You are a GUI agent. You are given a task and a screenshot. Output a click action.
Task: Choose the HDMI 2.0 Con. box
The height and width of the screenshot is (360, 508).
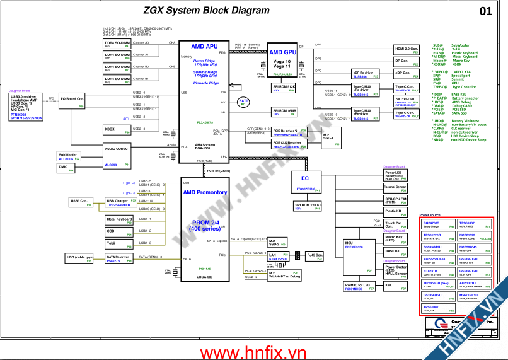click(x=406, y=49)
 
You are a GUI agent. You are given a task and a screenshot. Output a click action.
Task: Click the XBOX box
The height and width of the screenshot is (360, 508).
click(x=117, y=130)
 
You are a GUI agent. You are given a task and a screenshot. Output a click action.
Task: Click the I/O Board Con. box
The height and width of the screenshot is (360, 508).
click(x=72, y=101)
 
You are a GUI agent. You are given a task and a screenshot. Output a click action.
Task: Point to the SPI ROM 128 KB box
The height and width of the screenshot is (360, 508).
click(x=308, y=206)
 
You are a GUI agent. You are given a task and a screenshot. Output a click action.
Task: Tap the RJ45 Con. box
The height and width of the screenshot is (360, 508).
click(x=315, y=256)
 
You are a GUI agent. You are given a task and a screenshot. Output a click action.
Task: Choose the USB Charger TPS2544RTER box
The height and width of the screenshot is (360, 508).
click(x=118, y=202)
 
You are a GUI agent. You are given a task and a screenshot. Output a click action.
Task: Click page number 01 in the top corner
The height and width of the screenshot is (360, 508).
click(x=486, y=11)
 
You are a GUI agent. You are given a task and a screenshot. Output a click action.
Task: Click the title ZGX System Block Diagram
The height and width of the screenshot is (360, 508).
click(x=197, y=10)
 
